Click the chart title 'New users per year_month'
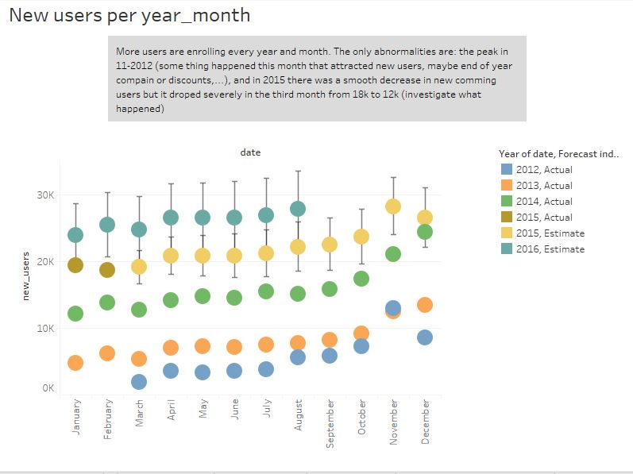pos(129,16)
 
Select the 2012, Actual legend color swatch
pos(507,169)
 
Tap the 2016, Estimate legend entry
pos(542,249)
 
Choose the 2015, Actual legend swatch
pos(507,217)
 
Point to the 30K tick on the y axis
pos(45,195)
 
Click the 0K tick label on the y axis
pos(48,388)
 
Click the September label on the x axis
pos(330,423)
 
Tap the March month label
pos(139,413)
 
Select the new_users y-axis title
pos(26,276)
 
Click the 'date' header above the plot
pos(250,152)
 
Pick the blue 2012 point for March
pos(139,382)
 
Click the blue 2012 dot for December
pos(425,337)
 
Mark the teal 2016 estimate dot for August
pos(298,209)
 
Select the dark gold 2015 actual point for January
pos(75,265)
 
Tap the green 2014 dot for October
pos(361,279)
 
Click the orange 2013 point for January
pos(75,363)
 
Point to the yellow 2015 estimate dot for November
pos(393,206)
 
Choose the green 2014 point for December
pos(425,232)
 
